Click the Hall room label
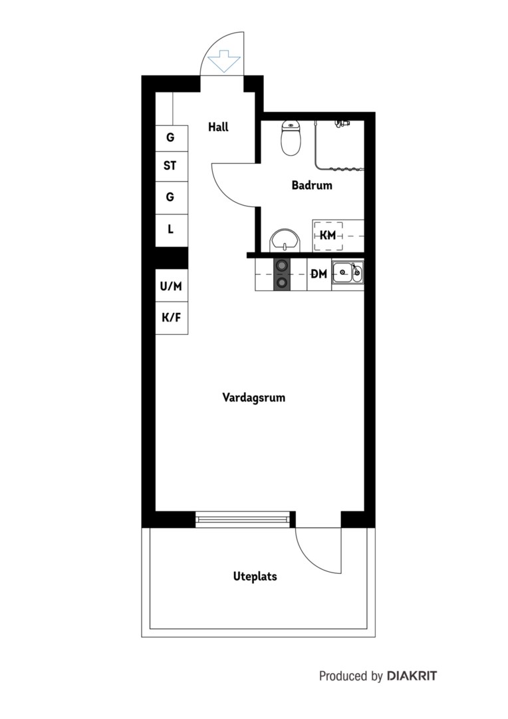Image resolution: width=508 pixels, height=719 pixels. point(218,127)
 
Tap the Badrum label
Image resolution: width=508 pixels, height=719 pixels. point(311,185)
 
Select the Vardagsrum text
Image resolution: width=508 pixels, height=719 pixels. point(254,397)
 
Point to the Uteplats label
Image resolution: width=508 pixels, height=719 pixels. point(255,577)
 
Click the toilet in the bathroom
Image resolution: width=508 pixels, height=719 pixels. point(291,138)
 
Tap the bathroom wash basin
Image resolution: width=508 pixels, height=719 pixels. point(285,240)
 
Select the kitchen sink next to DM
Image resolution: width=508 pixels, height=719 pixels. point(348,274)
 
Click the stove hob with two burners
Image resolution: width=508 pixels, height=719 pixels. point(282,274)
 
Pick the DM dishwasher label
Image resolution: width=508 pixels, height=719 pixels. point(318,274)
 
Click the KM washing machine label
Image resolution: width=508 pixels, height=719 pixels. point(328,236)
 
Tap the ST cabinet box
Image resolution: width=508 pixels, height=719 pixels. point(172,166)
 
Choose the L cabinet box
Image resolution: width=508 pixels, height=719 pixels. point(172,229)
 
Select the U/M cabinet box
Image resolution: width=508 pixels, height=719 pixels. point(172,286)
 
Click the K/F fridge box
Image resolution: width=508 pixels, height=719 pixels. point(172,318)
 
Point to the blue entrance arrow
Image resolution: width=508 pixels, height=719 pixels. point(223,61)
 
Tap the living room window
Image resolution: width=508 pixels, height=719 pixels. point(243,519)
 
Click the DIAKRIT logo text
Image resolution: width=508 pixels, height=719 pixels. point(412,676)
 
